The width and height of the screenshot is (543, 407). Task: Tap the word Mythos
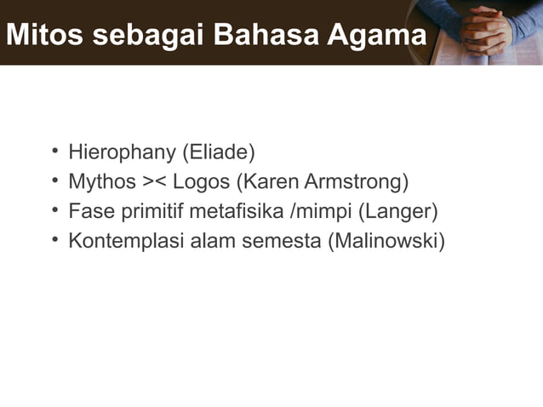pyautogui.click(x=102, y=182)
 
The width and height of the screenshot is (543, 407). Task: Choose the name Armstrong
pyautogui.click(x=357, y=182)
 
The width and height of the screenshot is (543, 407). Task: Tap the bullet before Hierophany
pyautogui.click(x=54, y=153)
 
